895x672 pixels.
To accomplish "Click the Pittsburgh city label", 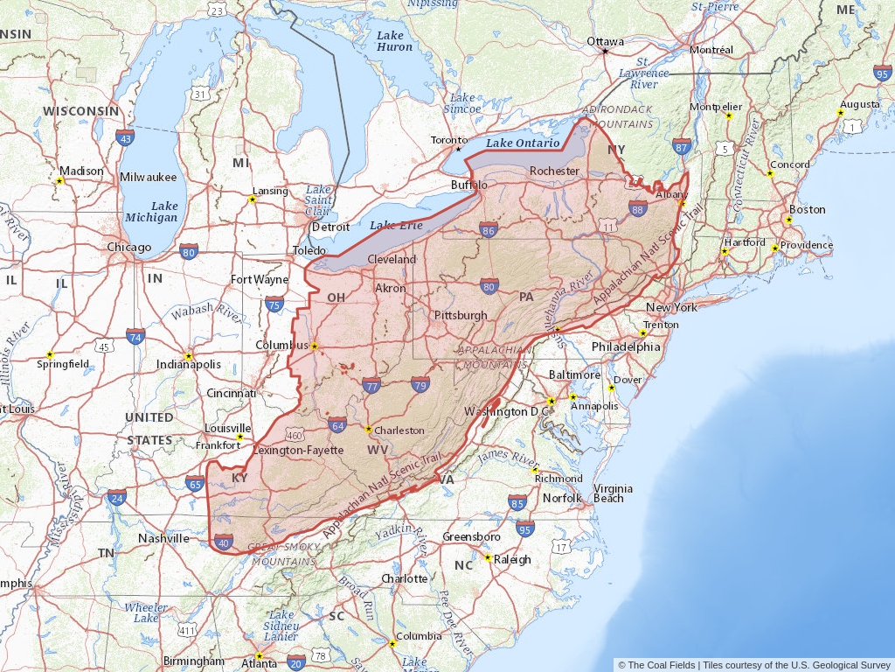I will coord(460,315).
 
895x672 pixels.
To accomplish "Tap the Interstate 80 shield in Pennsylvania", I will coord(489,286).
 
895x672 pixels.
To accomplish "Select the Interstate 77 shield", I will coord(371,386).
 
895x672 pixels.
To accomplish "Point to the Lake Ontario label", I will coord(523,143).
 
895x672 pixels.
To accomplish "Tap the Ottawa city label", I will coord(605,41).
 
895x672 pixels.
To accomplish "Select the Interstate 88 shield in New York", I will coord(638,208).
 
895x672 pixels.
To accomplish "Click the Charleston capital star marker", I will coord(369,430).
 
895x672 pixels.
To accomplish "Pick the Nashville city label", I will coord(163,538).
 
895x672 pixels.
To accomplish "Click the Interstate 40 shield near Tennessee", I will coord(224,542).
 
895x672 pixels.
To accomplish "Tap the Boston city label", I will coord(807,209).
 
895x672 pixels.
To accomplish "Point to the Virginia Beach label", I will coord(608,493).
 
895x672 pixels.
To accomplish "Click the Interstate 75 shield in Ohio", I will coord(274,304).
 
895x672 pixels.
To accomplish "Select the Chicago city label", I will coord(128,247).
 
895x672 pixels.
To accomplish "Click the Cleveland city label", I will coord(392,260).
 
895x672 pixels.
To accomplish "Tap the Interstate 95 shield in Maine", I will coord(883,74).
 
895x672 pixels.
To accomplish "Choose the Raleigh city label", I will coord(512,559).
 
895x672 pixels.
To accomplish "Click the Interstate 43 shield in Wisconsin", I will coord(125,138).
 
